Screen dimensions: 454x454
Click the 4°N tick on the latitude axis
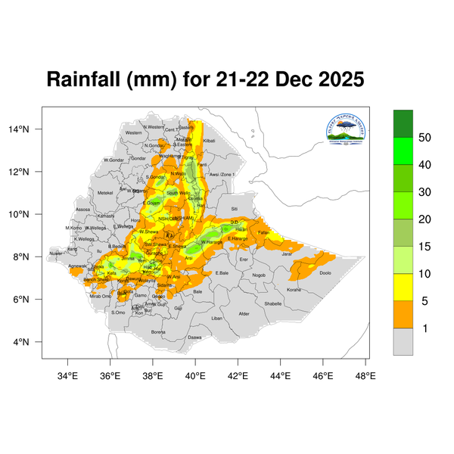tap(28, 342)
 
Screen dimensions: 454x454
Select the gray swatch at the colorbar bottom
tap(403, 341)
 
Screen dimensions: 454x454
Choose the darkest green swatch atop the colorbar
tap(403, 123)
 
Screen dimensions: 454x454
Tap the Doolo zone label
tap(325, 272)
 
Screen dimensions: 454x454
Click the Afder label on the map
tap(244, 313)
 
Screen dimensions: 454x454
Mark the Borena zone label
tap(158, 331)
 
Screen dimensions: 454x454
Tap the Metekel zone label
tap(105, 193)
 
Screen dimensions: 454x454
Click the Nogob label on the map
tap(259, 275)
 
